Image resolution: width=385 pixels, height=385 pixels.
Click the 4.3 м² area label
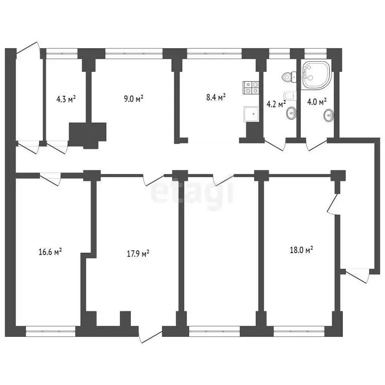66,99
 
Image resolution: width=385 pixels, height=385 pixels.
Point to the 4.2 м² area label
276,104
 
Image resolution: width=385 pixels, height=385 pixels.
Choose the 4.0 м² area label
317,102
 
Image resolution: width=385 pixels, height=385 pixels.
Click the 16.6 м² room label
50,252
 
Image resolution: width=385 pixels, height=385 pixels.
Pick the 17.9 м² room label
138,254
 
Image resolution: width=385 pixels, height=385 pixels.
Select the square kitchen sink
251,115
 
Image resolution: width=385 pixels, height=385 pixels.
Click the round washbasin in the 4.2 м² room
290,114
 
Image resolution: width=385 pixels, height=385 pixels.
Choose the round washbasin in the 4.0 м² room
329,115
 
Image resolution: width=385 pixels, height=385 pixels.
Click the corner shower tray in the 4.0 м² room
316,75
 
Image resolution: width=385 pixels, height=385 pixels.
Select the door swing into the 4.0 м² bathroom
316,145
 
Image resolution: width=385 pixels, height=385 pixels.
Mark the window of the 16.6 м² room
50,329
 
